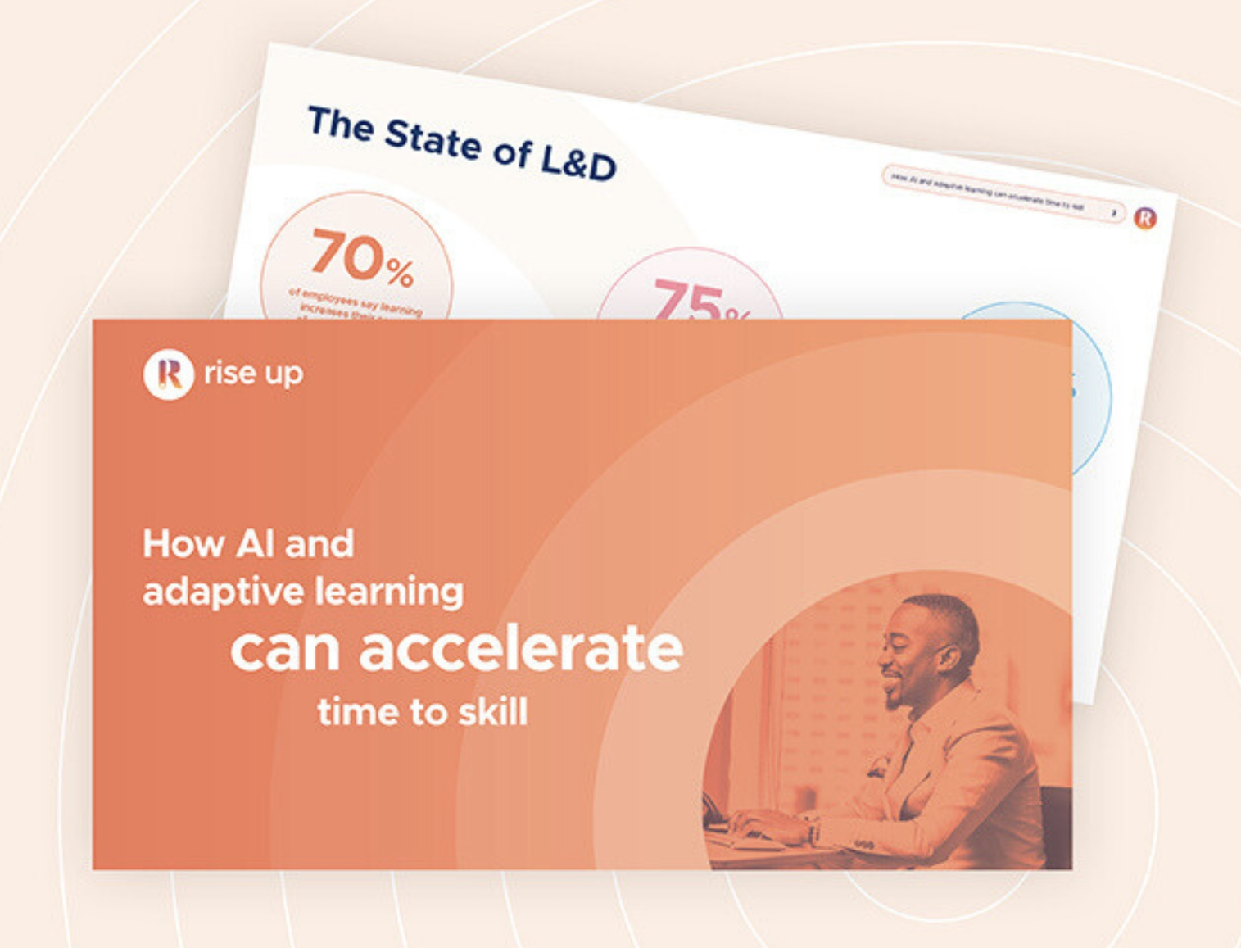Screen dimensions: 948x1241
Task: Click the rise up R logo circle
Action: [168, 374]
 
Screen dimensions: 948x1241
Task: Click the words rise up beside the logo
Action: [253, 374]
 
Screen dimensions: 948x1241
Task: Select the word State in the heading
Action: [433, 138]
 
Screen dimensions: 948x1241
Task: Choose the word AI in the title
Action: [255, 543]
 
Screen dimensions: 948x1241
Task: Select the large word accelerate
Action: [520, 649]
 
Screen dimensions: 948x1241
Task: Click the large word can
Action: [284, 651]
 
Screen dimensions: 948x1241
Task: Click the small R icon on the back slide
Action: [1144, 217]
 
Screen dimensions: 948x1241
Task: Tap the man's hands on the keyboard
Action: [758, 823]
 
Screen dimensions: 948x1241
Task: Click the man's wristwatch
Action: [813, 832]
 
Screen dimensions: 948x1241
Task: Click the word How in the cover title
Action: [183, 543]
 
